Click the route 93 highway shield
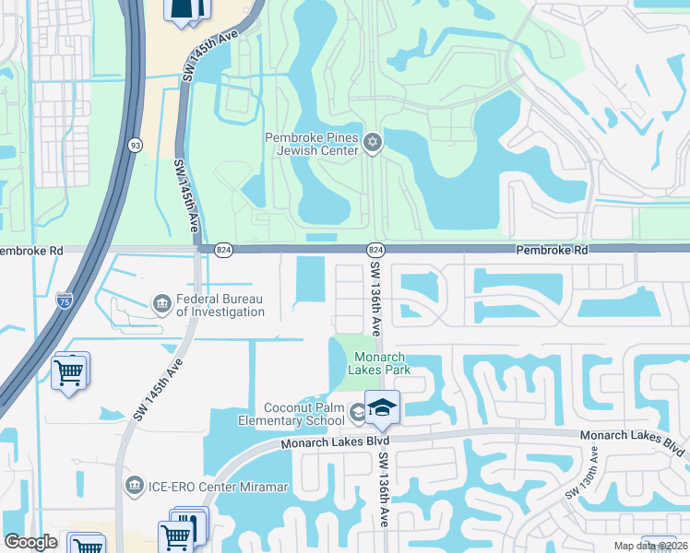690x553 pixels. (136, 145)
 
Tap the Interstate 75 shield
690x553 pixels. (64, 300)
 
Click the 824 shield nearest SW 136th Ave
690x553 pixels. (375, 250)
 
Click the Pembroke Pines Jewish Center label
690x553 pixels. (312, 145)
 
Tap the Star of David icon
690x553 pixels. (374, 142)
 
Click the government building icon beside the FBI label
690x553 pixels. (161, 303)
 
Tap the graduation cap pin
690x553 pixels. (382, 407)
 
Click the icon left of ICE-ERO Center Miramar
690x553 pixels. (134, 485)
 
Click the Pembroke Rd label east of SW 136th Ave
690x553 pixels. (552, 250)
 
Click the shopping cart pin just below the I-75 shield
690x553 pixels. (70, 372)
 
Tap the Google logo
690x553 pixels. (30, 543)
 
